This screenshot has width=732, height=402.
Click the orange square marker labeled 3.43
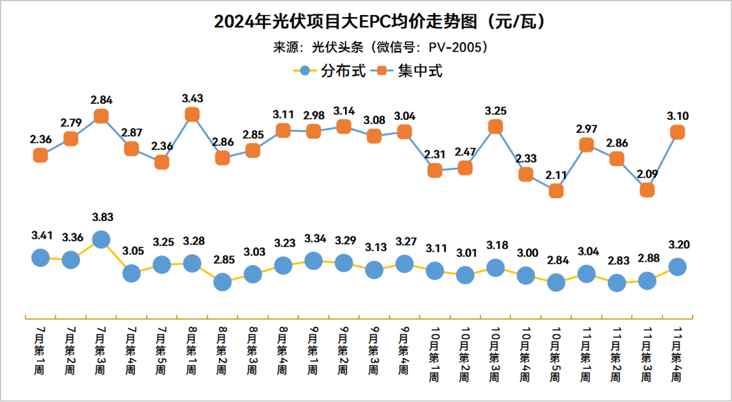pos(192,115)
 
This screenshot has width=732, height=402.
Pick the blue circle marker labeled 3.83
pos(101,239)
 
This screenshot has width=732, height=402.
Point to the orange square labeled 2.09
pos(647,190)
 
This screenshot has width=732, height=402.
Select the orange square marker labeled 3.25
pos(495,127)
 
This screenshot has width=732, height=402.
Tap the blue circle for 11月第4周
pos(678,266)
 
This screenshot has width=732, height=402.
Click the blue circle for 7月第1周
pos(40,257)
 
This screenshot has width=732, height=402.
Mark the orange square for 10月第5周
pos(556,191)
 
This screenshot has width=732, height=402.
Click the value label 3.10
pos(678,116)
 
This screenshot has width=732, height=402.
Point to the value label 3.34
pos(313,239)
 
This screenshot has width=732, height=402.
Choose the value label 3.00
pos(526,253)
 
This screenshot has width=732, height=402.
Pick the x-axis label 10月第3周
pos(495,353)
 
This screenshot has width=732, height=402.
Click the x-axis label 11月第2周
pos(617,353)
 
